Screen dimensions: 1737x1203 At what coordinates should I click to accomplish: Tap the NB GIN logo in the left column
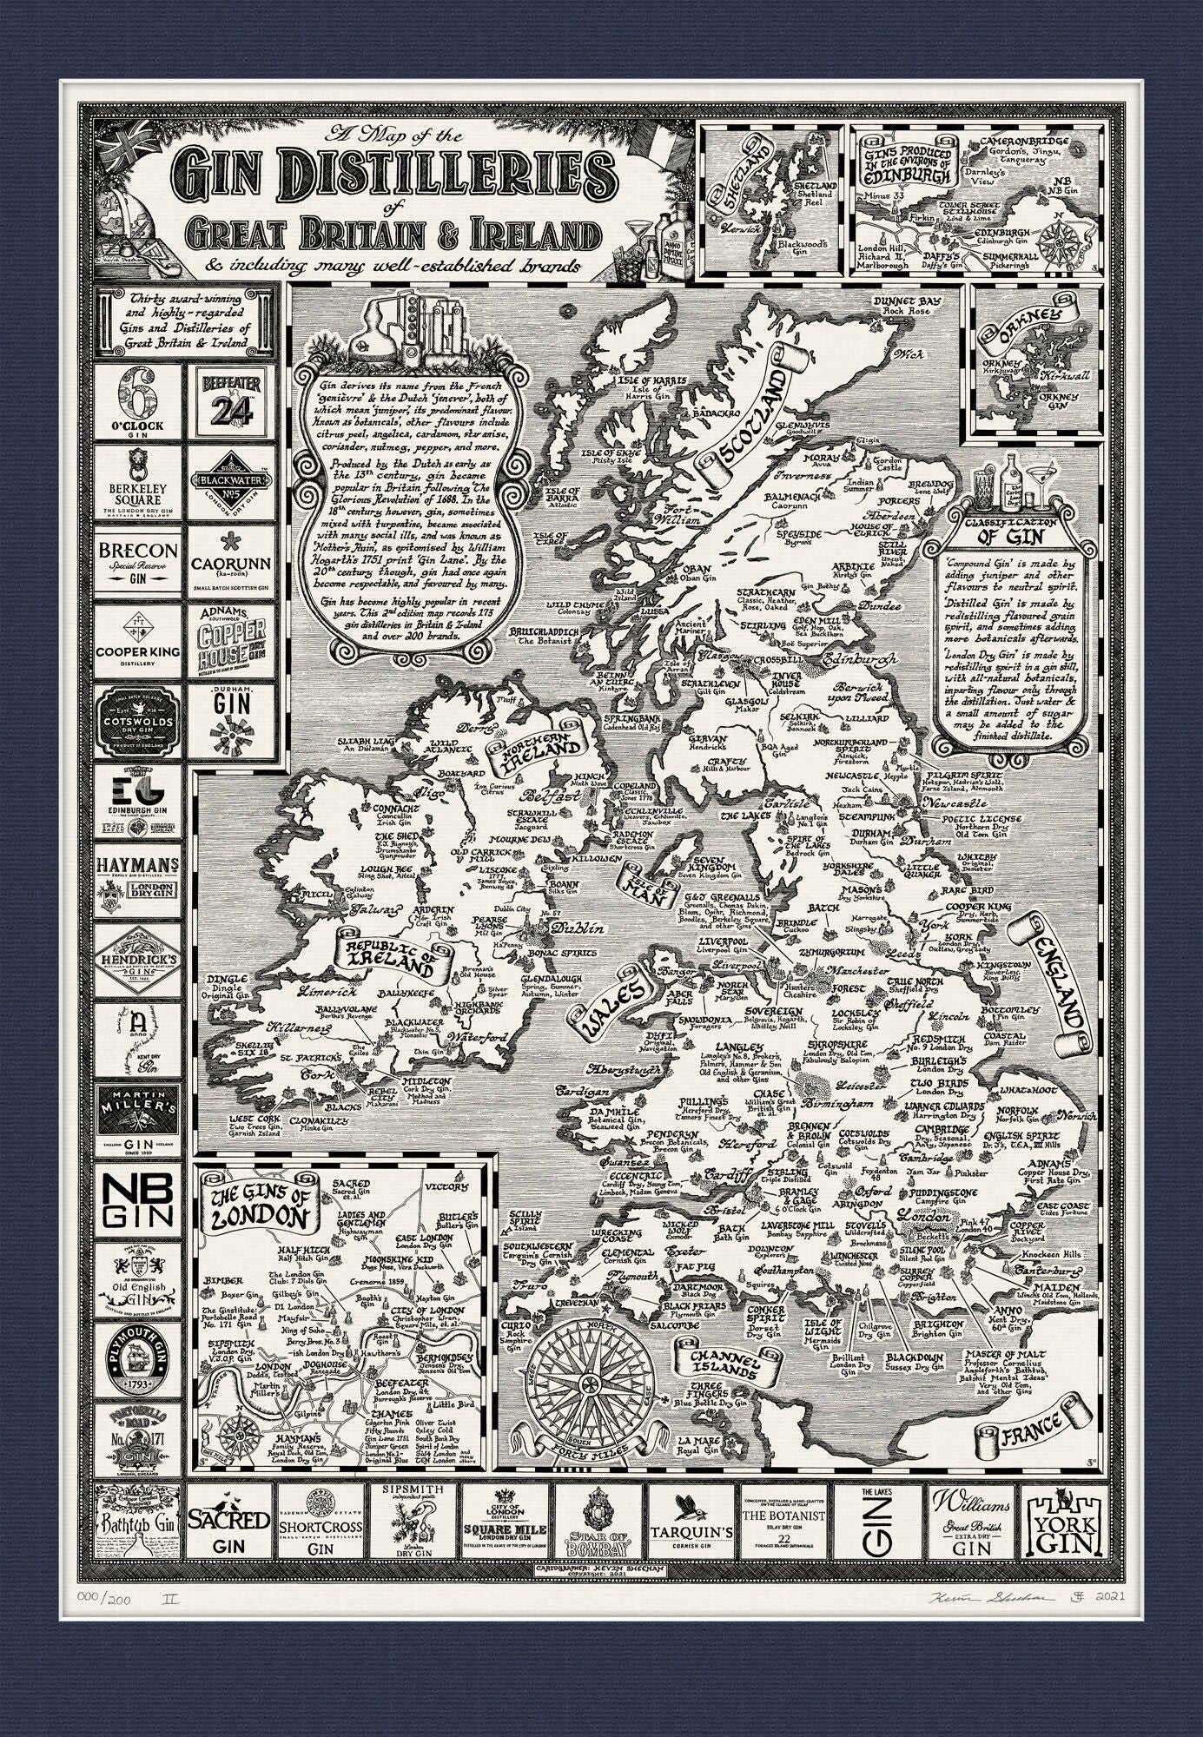pyautogui.click(x=138, y=1199)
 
